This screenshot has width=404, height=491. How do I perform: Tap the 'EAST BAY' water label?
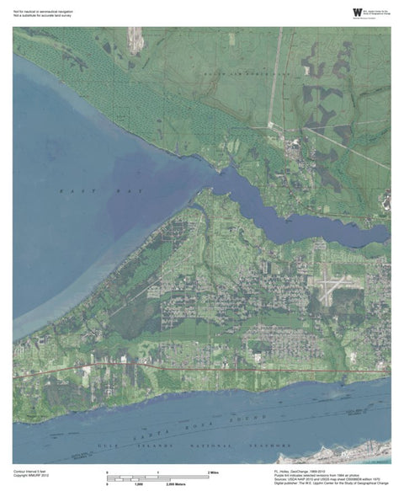click(x=77, y=193)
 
